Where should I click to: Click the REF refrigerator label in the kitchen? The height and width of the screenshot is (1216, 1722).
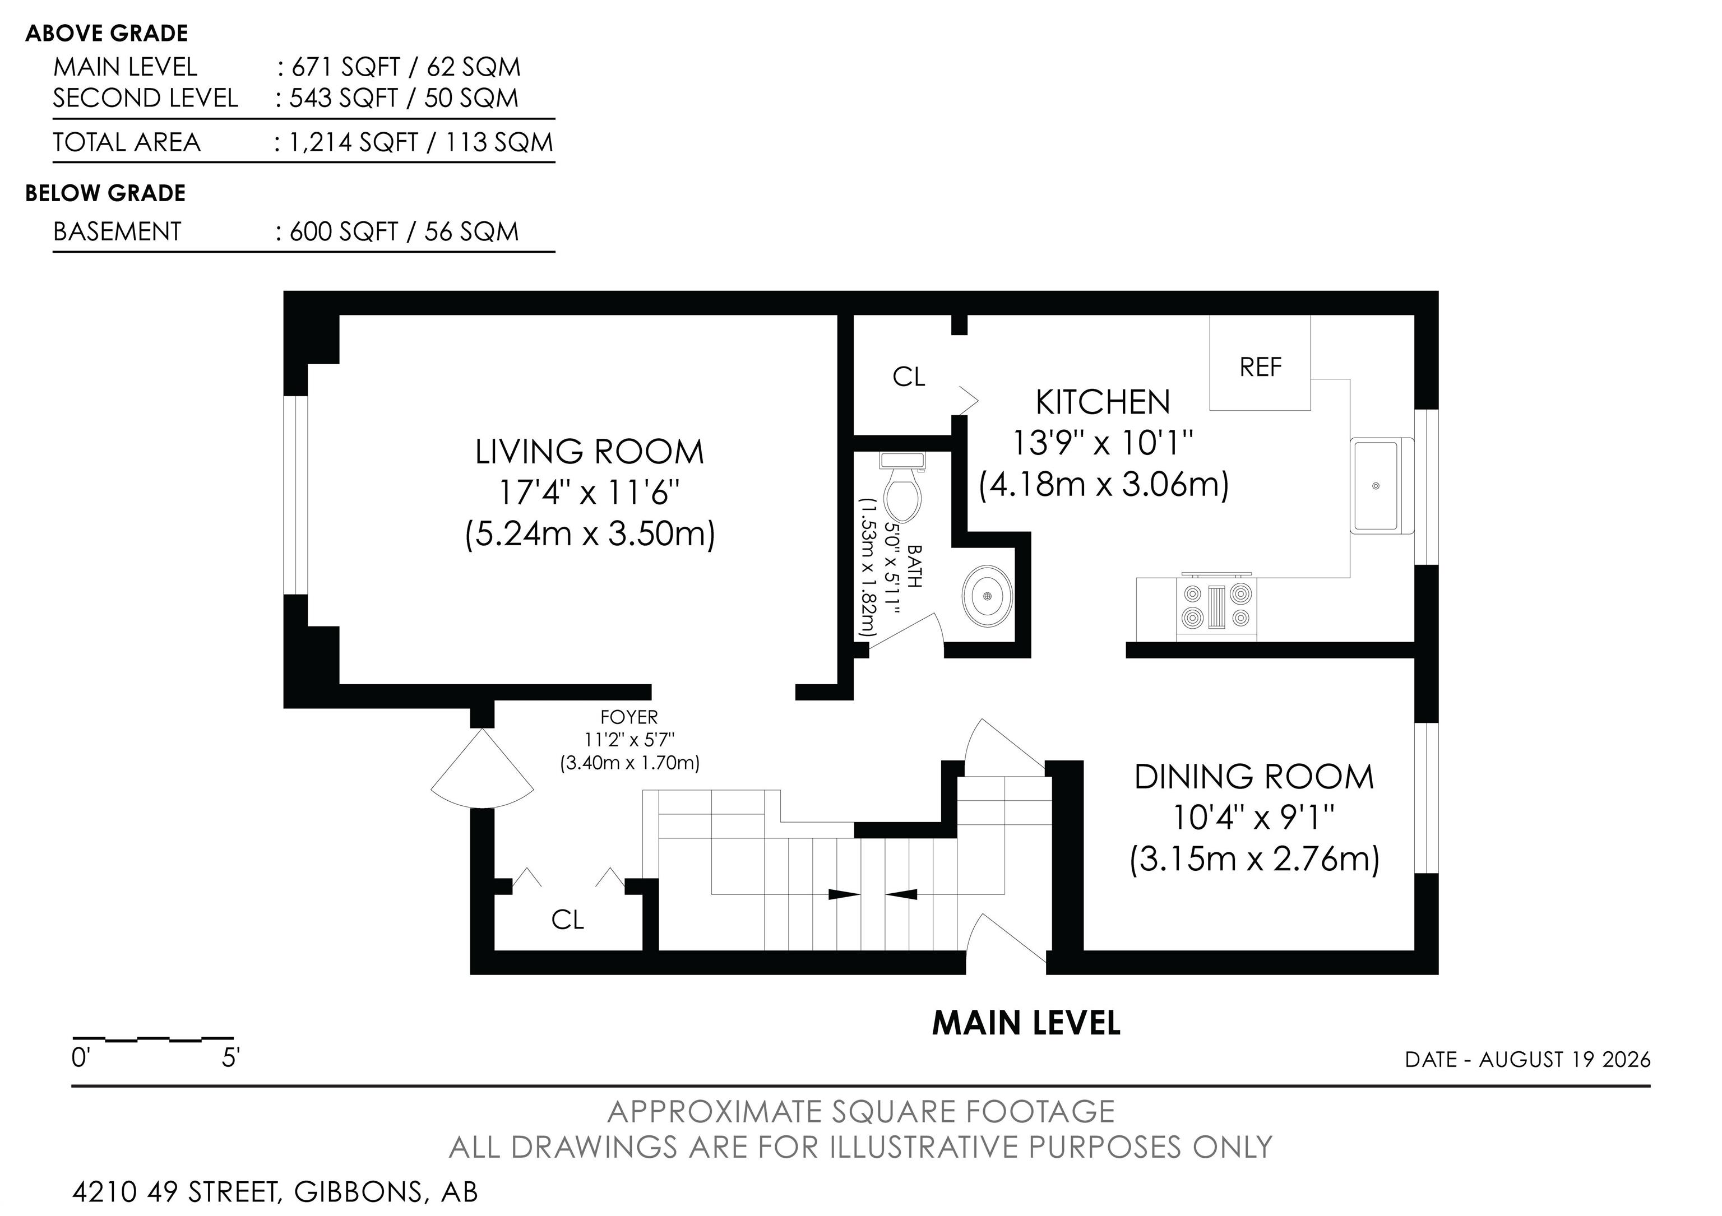[1260, 368]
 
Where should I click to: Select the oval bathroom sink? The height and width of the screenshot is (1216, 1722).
[987, 596]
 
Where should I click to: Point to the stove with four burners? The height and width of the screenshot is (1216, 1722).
[1216, 606]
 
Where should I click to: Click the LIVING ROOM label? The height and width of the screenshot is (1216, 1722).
[590, 452]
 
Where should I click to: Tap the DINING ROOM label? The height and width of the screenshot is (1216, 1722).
[1254, 777]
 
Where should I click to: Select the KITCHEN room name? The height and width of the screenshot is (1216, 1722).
[1103, 402]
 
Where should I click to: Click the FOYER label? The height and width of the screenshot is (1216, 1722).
[629, 717]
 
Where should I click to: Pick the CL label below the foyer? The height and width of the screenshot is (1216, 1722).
[567, 920]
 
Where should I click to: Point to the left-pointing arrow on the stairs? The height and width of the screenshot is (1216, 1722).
[901, 894]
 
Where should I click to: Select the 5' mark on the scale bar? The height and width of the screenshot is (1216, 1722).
[230, 1059]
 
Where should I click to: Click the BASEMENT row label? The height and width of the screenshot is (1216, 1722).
[117, 231]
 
